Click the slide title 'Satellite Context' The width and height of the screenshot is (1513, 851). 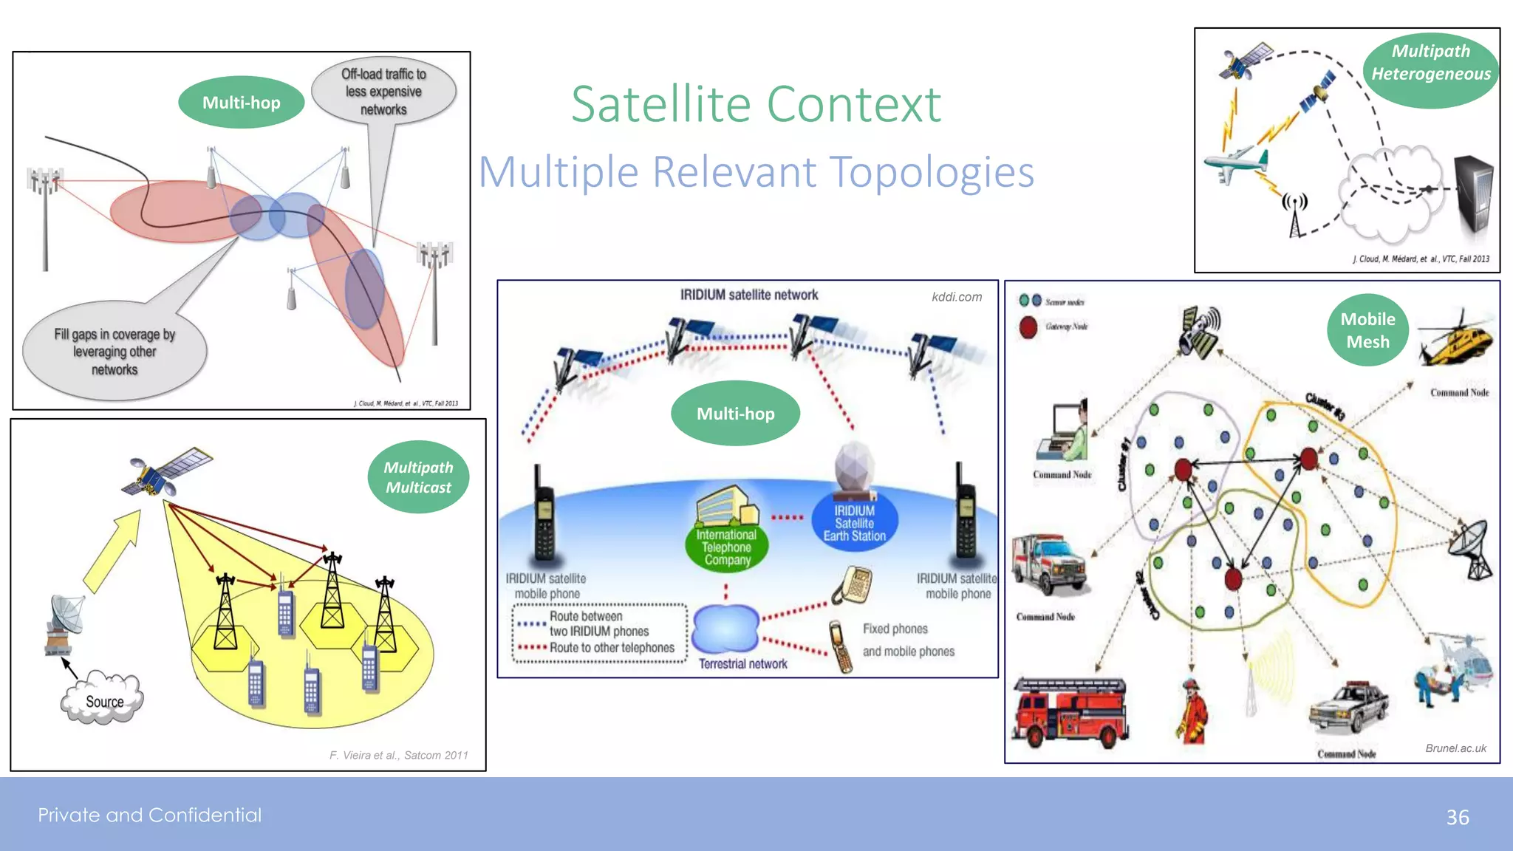(756, 104)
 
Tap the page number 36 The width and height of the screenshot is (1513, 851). (1457, 817)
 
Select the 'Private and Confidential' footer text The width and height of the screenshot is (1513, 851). (150, 815)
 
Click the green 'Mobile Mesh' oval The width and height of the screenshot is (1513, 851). (1367, 330)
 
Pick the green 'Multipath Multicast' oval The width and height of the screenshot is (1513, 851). (418, 477)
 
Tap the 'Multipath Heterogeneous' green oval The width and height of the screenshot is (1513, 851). (1430, 63)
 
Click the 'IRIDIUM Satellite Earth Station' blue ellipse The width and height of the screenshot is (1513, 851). (855, 523)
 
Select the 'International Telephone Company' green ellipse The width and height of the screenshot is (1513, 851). (727, 547)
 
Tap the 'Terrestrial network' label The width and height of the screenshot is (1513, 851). (742, 664)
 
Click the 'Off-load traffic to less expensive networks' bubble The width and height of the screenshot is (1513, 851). (383, 92)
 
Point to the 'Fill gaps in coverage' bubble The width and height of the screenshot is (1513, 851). (115, 352)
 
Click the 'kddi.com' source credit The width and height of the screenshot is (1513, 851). (957, 297)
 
